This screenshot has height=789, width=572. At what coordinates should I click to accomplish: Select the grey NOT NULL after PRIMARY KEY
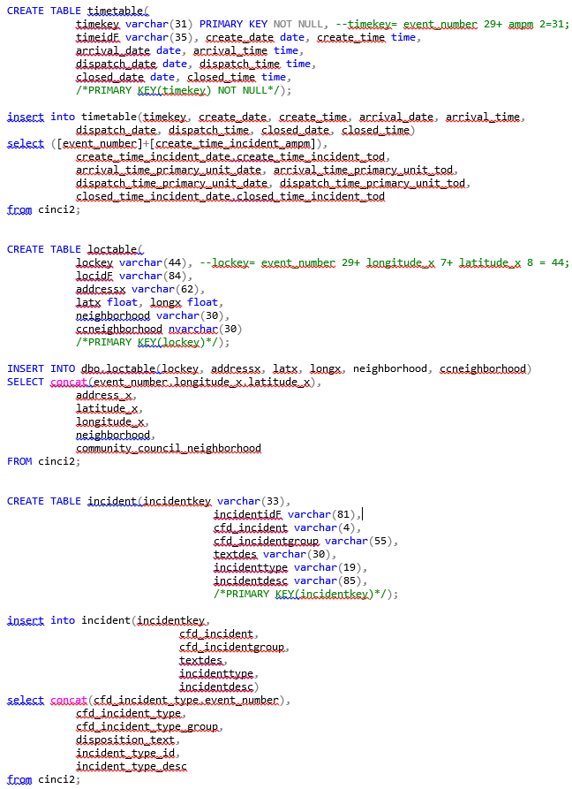click(298, 24)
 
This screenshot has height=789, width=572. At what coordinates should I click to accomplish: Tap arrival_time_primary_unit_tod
click(363, 170)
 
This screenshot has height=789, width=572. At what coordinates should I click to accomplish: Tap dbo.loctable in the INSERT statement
click(118, 368)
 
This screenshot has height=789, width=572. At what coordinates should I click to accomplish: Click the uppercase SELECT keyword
click(26, 382)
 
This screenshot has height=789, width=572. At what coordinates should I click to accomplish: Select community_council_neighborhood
click(169, 448)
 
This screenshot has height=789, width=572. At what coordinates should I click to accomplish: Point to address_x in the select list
click(104, 396)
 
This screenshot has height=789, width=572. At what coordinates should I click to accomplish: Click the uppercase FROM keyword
click(19, 461)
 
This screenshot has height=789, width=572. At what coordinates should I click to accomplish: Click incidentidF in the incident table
click(247, 514)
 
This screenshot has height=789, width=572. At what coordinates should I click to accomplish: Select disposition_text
click(125, 740)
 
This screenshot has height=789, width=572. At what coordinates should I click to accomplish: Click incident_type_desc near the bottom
click(132, 766)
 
